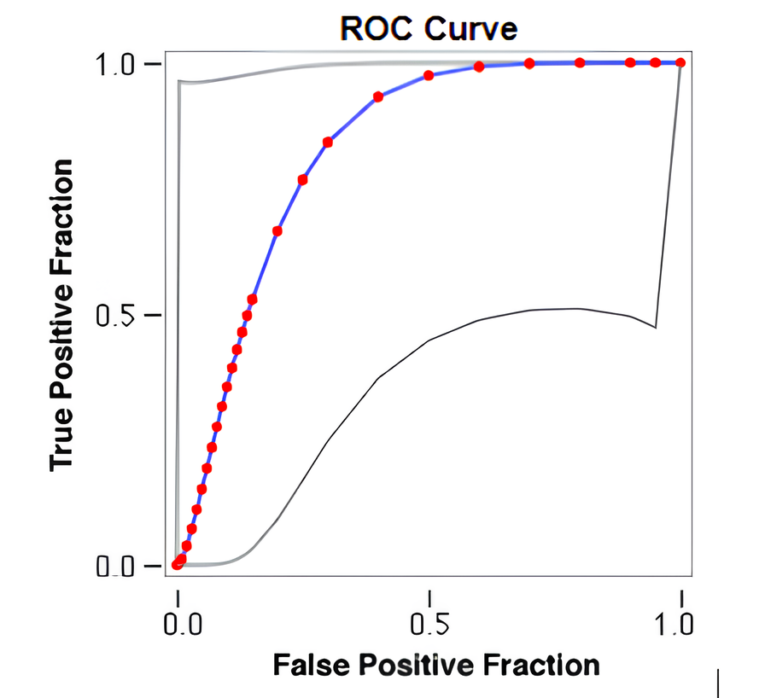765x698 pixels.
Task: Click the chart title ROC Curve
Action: [x=429, y=28]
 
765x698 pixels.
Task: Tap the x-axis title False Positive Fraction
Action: [x=435, y=665]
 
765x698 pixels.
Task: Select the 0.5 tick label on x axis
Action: [x=429, y=623]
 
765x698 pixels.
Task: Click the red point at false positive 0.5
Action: [x=429, y=76]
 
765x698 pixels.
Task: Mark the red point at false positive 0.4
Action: [x=378, y=96]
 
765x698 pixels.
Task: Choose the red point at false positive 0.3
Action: [x=328, y=143]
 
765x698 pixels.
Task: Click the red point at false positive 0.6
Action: [x=479, y=67]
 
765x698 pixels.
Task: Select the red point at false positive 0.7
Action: [x=529, y=63]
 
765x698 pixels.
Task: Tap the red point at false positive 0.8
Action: [x=580, y=63]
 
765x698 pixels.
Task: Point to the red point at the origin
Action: [x=177, y=564]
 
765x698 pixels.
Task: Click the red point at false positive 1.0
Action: [x=680, y=62]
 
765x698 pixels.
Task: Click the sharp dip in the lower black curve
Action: [x=655, y=327]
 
